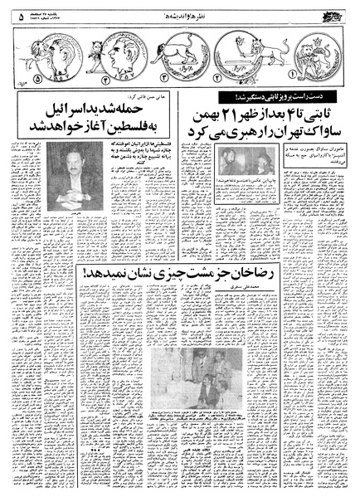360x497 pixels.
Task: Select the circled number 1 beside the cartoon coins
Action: [338, 84]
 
